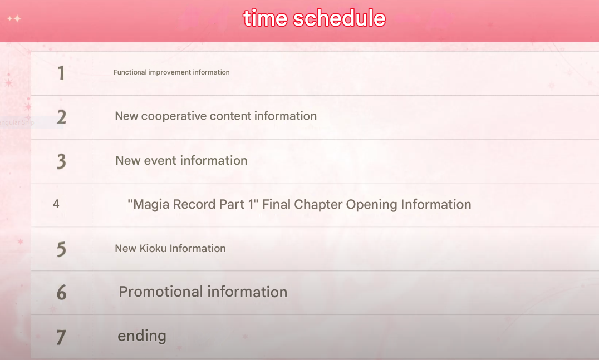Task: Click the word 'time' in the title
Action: (265, 18)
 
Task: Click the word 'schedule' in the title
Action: (339, 18)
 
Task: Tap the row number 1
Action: (61, 73)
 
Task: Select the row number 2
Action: (61, 117)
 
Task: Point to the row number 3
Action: (61, 161)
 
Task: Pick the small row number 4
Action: (56, 204)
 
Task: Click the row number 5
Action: (61, 249)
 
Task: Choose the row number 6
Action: (61, 293)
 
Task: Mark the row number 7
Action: (61, 337)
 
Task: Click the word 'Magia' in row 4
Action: (151, 205)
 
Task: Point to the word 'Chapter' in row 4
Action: (318, 205)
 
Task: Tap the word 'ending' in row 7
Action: (142, 336)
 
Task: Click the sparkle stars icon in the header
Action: (14, 18)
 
